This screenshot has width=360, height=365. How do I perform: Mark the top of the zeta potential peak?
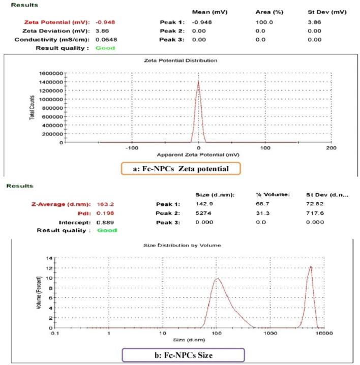tap(198, 81)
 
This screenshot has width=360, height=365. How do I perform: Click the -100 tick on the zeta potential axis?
tap(132, 148)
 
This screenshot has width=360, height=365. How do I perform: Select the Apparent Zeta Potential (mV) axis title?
tap(198, 155)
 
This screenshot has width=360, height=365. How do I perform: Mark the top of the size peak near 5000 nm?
tap(310, 267)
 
